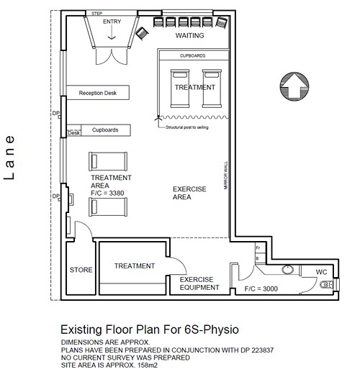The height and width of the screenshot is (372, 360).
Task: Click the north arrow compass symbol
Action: tap(294, 86)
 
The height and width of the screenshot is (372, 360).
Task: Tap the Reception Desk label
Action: tap(98, 93)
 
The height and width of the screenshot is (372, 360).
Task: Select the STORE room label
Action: tap(81, 270)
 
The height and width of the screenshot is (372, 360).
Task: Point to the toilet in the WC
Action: tap(327, 285)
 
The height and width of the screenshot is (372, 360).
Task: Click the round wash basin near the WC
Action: tap(287, 269)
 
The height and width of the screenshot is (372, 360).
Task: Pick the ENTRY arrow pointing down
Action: tap(112, 32)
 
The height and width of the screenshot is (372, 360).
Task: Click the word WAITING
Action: tap(189, 35)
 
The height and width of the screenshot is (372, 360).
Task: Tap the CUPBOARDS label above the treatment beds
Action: tap(192, 55)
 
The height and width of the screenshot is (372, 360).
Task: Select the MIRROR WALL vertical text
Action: tap(225, 176)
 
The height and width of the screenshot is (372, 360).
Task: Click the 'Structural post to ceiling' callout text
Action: tap(187, 127)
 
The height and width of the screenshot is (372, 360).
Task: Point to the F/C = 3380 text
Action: tap(107, 193)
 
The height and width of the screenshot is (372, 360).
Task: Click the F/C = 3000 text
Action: tap(261, 289)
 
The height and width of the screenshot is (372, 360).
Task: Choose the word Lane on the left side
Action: tap(9, 158)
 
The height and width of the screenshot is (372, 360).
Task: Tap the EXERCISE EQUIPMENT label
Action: tap(199, 283)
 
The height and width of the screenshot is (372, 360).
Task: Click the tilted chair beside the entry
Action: tap(142, 33)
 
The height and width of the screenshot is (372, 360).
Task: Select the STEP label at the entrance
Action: tap(96, 14)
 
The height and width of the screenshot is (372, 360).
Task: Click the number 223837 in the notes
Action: tap(262, 350)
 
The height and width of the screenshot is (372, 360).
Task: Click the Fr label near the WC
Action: tap(258, 248)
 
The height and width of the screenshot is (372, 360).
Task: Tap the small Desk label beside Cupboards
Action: tap(73, 133)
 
